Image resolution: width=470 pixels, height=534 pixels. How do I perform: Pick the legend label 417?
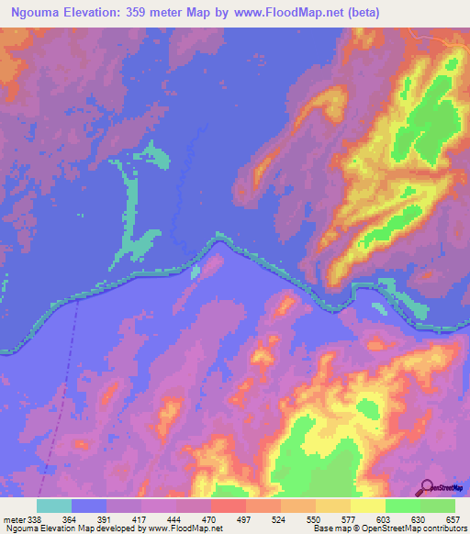pyautogui.click(x=141, y=518)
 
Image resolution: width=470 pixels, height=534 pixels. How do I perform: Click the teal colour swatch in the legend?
pyautogui.click(x=54, y=506)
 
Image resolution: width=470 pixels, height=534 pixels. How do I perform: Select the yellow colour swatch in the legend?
pyautogui.click(x=367, y=506)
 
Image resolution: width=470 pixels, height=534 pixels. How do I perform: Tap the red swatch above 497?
pyautogui.click(x=228, y=506)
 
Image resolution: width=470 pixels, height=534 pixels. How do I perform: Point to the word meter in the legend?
pyautogui.click(x=12, y=518)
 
